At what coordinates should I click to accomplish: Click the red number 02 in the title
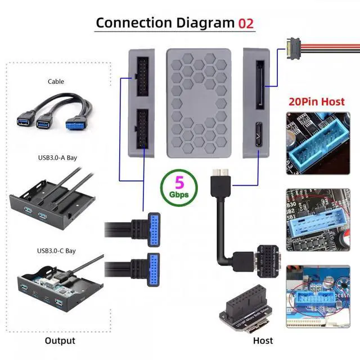pyautogui.click(x=245, y=23)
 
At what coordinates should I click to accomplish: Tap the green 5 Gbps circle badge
pyautogui.click(x=178, y=187)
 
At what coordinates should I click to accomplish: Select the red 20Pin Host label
pyautogui.click(x=316, y=102)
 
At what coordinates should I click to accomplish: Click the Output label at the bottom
pyautogui.click(x=60, y=340)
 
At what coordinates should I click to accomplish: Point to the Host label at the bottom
pyautogui.click(x=263, y=340)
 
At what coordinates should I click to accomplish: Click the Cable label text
pyautogui.click(x=56, y=82)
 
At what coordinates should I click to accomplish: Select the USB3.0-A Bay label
pyautogui.click(x=57, y=157)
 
